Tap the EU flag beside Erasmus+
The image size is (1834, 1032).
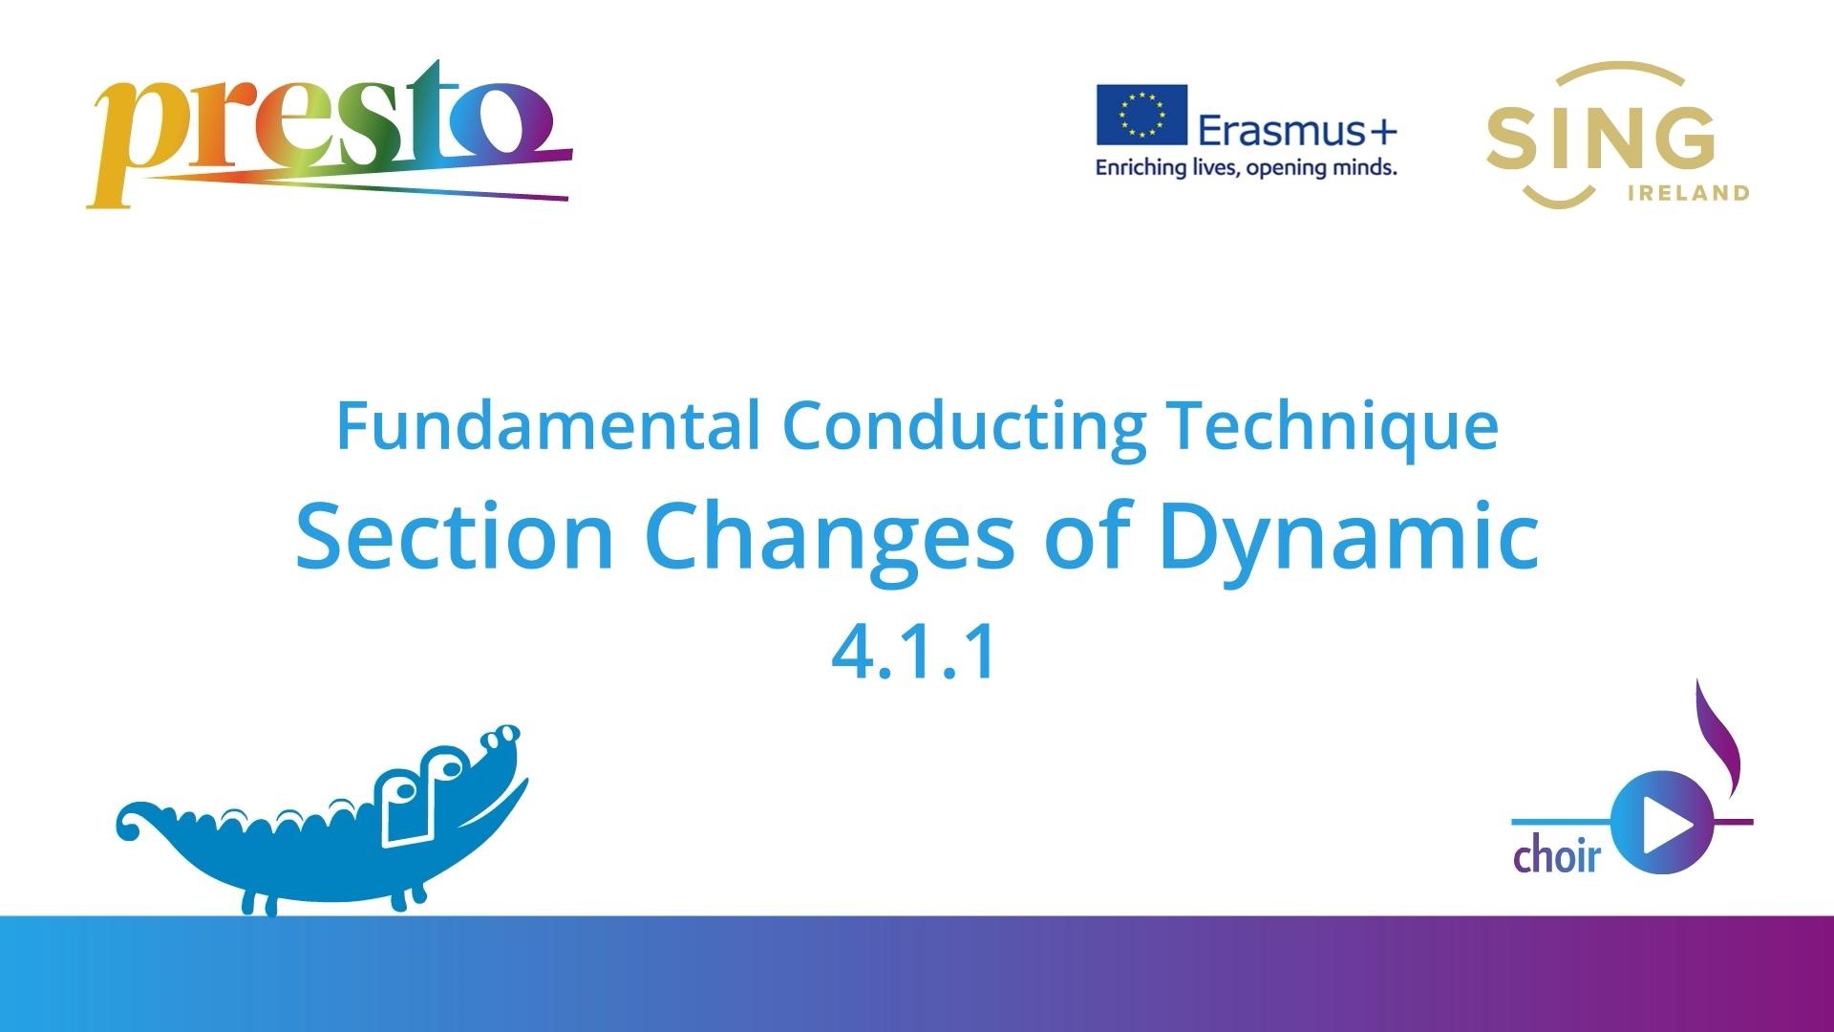[x=1141, y=115]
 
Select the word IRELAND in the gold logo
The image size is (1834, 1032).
[x=1688, y=193]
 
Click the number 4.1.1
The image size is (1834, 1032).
[x=915, y=653]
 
